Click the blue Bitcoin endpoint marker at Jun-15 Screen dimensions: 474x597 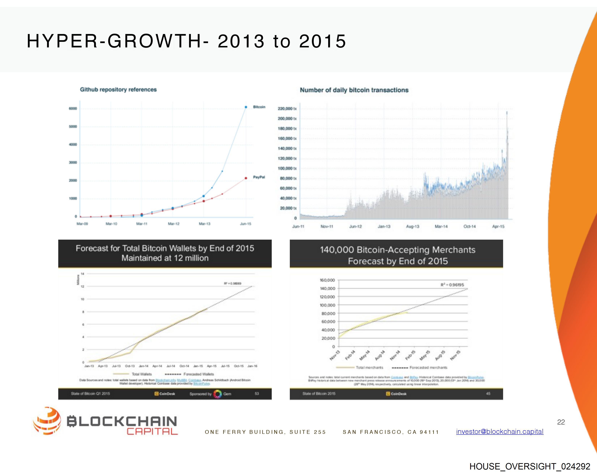click(246, 107)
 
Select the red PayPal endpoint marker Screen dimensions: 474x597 click(246, 178)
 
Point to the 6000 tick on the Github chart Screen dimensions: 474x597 click(73, 109)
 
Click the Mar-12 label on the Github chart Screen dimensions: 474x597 click(174, 224)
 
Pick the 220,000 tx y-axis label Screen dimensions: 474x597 click(287, 109)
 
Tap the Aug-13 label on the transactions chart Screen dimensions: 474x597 click(413, 227)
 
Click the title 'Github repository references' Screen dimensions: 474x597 click(118, 89)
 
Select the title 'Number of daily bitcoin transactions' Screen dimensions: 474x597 click(354, 90)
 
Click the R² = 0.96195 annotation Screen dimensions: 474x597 click(452, 285)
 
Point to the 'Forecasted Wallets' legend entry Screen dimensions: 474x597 click(198, 374)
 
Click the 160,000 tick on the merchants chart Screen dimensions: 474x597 click(327, 280)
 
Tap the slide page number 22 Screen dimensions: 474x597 click(561, 422)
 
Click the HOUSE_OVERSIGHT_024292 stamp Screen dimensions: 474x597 click(530, 466)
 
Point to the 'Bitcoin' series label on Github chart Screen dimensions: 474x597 click(259, 107)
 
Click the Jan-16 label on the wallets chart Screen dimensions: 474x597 click(252, 366)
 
